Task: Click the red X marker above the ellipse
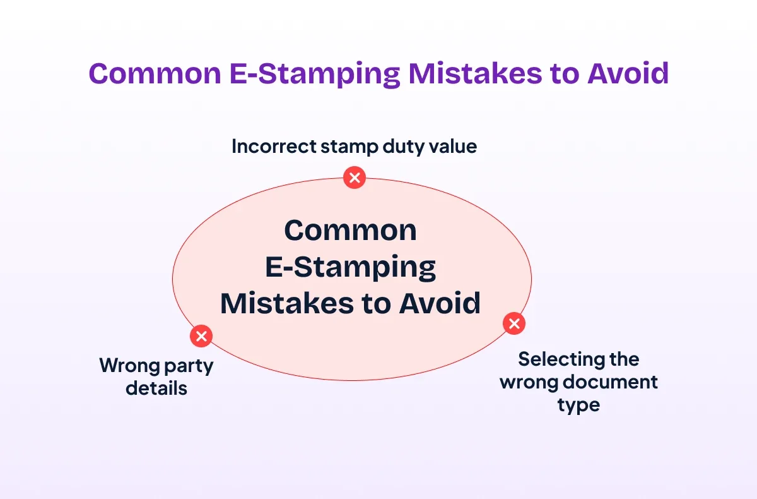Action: click(355, 177)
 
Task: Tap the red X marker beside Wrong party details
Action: click(201, 336)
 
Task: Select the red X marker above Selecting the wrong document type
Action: click(514, 323)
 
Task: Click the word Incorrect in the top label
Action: click(274, 147)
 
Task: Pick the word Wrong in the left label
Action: click(129, 366)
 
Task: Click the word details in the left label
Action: click(156, 388)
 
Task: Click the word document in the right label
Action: click(611, 382)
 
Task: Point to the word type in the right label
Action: click(578, 406)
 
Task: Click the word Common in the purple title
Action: click(155, 73)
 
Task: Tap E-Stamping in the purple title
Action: click(315, 75)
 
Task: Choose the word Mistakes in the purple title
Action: click(475, 73)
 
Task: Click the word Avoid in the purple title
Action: click(628, 73)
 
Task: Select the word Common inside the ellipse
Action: click(351, 231)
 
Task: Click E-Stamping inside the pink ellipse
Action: click(351, 268)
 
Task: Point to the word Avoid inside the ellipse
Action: click(440, 303)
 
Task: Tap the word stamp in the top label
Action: click(349, 148)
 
